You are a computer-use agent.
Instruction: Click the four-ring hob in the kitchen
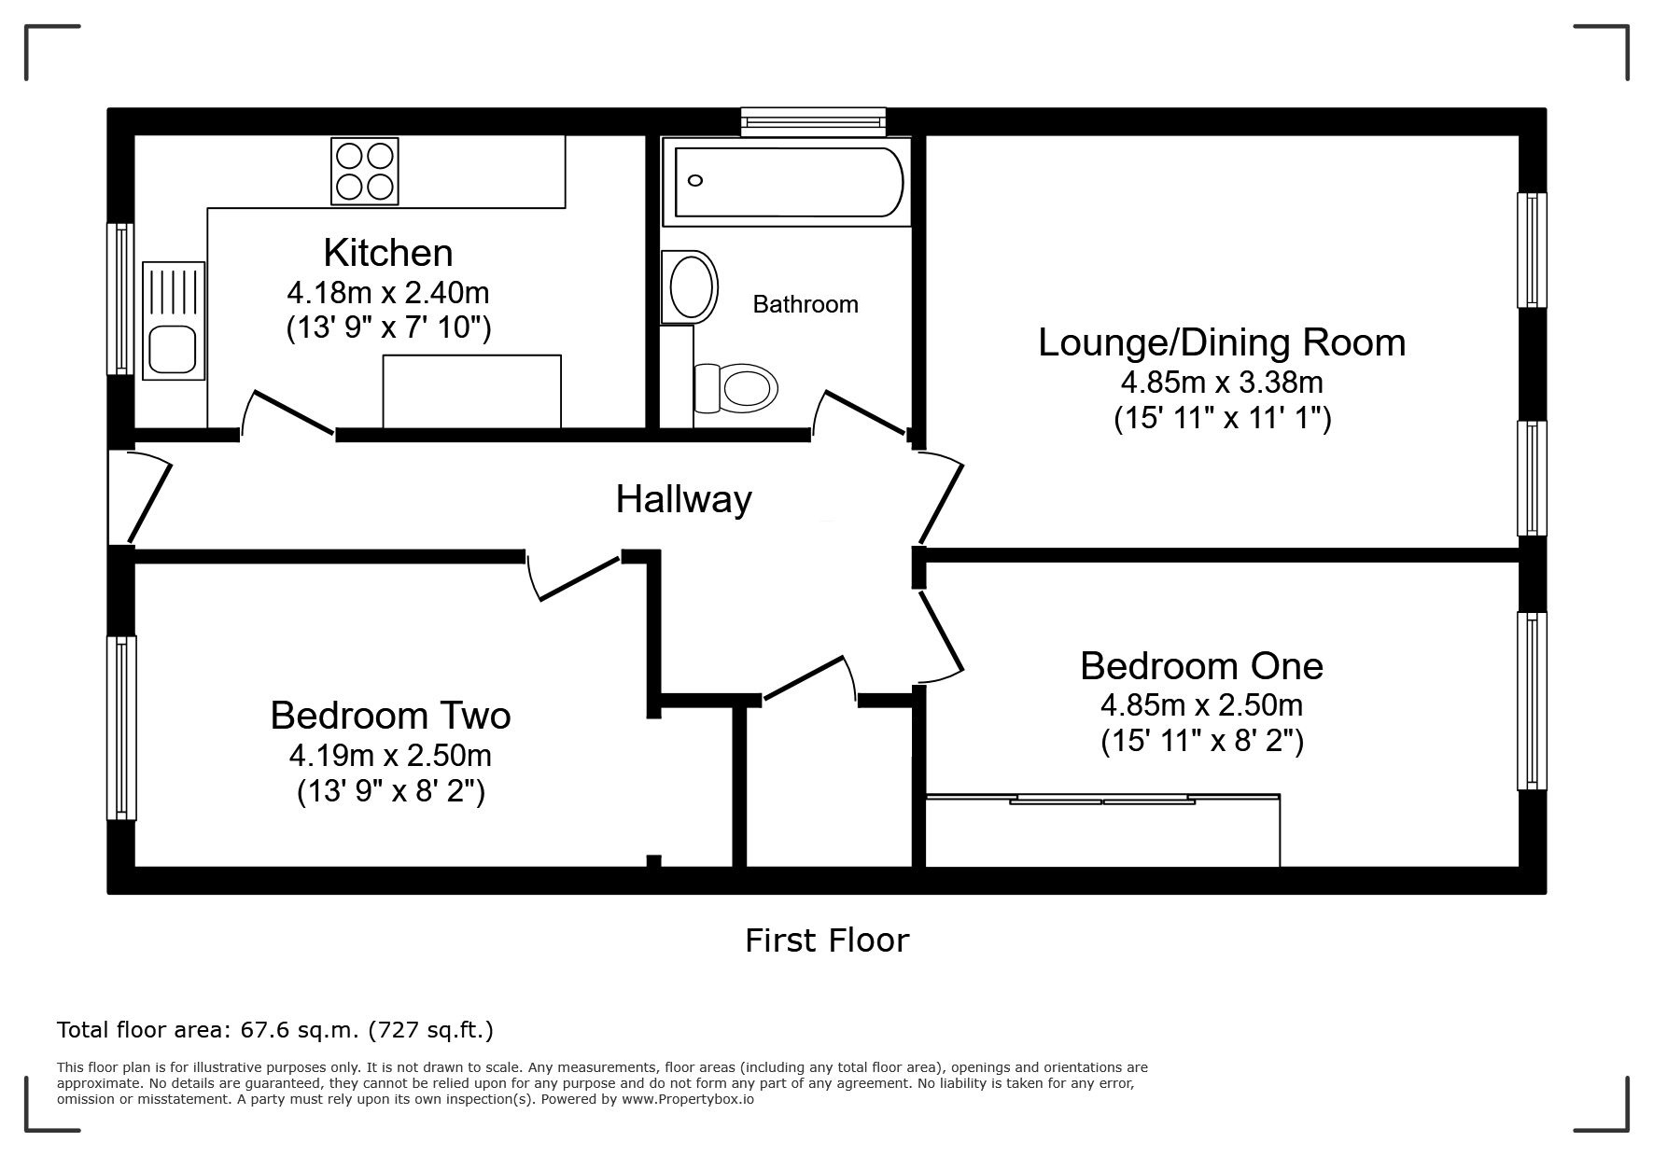click(x=365, y=171)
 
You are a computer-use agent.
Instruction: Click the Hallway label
click(x=683, y=500)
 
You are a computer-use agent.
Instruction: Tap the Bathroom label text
click(x=805, y=304)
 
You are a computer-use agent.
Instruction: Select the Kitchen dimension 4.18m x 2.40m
click(x=388, y=293)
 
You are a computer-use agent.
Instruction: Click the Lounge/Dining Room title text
click(x=1222, y=343)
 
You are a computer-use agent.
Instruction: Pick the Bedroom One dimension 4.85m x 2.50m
click(x=1202, y=704)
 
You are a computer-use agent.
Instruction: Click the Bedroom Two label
click(x=390, y=716)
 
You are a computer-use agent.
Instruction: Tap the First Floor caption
click(x=827, y=940)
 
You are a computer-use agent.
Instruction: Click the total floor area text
click(x=275, y=1030)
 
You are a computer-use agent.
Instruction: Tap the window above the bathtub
click(x=813, y=120)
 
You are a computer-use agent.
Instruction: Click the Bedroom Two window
click(x=121, y=728)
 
